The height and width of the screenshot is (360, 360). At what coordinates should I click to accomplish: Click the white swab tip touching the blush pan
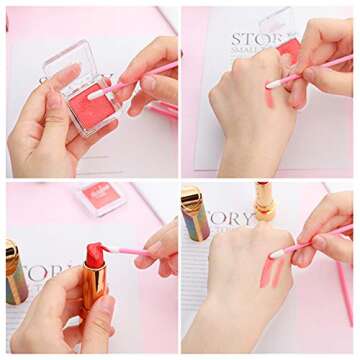pyautogui.click(x=97, y=93)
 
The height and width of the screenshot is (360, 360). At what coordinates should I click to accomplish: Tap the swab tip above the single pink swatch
pyautogui.click(x=273, y=83)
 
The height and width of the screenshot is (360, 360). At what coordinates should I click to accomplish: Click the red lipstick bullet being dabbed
pyautogui.click(x=95, y=256)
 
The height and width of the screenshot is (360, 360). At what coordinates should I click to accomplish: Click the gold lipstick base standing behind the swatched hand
pyautogui.click(x=264, y=202)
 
